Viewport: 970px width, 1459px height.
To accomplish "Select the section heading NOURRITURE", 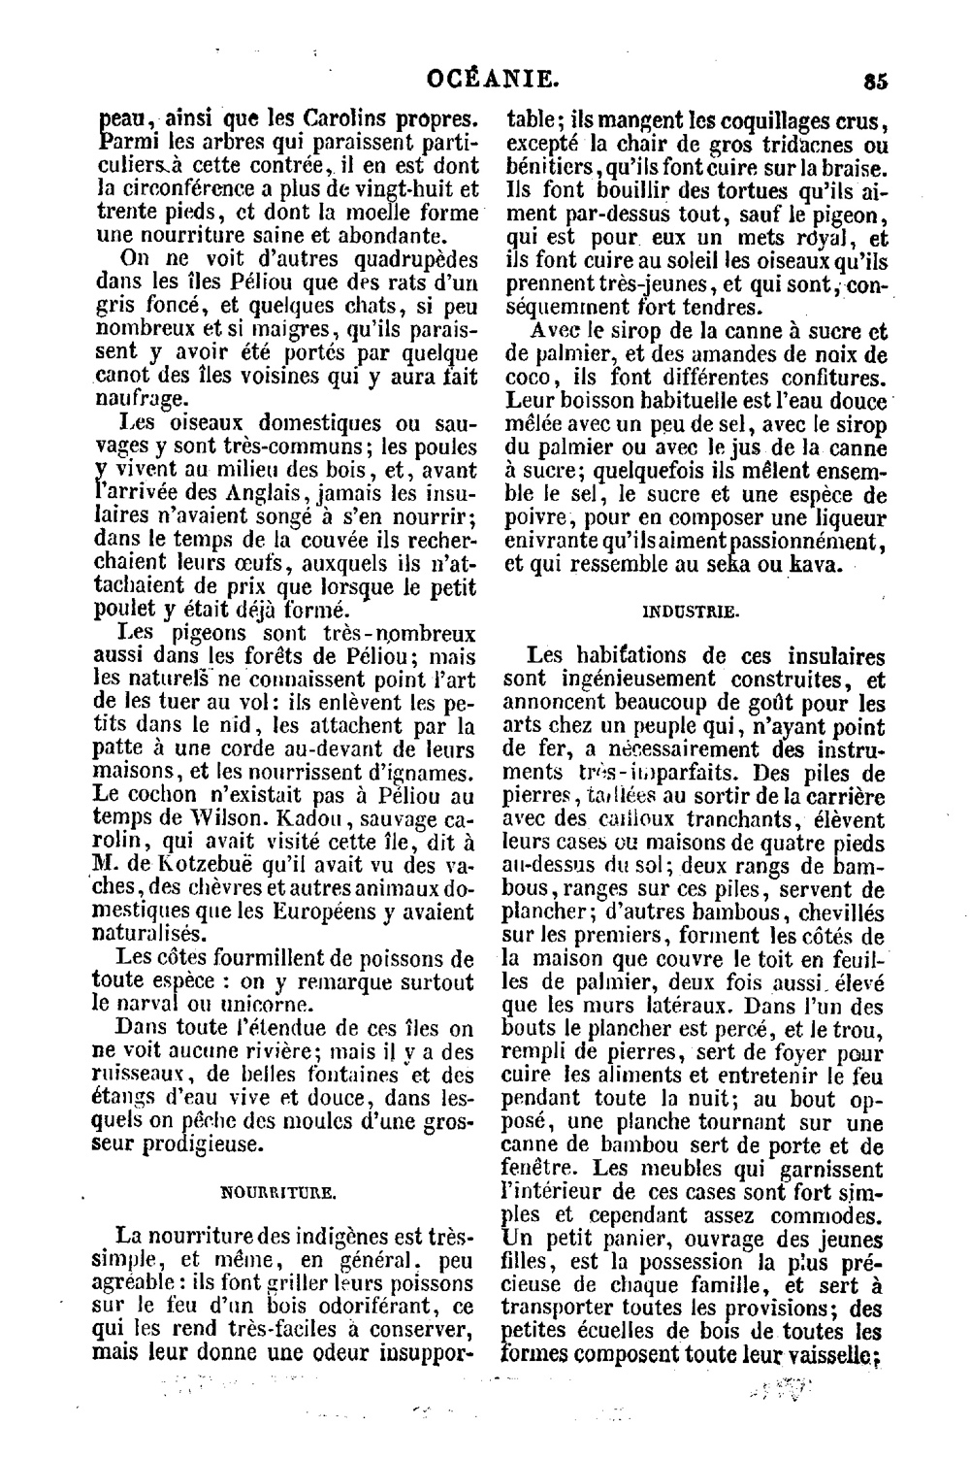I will [x=279, y=1189].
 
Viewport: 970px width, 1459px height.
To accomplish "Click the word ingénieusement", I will [x=635, y=680].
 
